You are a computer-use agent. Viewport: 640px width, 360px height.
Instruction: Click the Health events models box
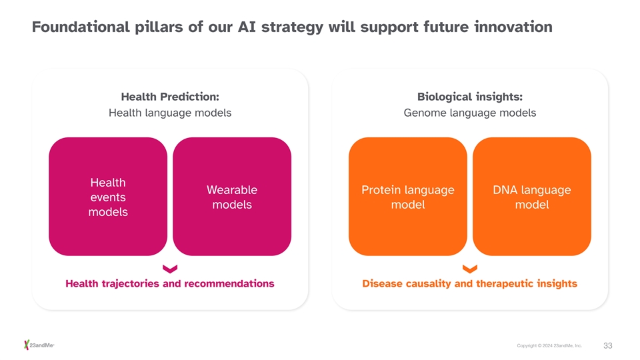(108, 196)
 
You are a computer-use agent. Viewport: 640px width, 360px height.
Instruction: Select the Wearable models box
(232, 196)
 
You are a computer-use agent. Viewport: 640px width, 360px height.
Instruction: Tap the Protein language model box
(408, 196)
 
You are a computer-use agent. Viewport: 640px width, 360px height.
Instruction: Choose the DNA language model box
(532, 196)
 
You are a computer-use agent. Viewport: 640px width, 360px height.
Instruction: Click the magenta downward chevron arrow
(170, 269)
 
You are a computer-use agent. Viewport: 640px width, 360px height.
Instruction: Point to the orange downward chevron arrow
(470, 269)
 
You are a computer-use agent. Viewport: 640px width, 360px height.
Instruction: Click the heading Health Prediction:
(170, 97)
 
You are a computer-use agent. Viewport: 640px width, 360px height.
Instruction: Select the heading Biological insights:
(470, 97)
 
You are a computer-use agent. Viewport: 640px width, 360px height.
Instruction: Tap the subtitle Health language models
(170, 113)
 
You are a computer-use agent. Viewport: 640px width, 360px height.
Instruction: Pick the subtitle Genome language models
(470, 113)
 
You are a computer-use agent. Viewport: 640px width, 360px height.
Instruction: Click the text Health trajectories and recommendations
(170, 284)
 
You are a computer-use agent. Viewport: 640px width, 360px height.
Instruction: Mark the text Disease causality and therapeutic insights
(470, 284)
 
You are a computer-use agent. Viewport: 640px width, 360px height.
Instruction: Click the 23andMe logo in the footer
(39, 345)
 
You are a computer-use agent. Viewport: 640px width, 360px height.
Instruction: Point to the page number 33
(608, 346)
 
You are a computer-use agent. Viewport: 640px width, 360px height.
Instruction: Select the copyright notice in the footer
(549, 346)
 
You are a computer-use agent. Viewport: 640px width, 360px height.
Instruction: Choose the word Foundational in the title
(81, 27)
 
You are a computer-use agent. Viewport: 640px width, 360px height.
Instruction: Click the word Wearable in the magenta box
(232, 190)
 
